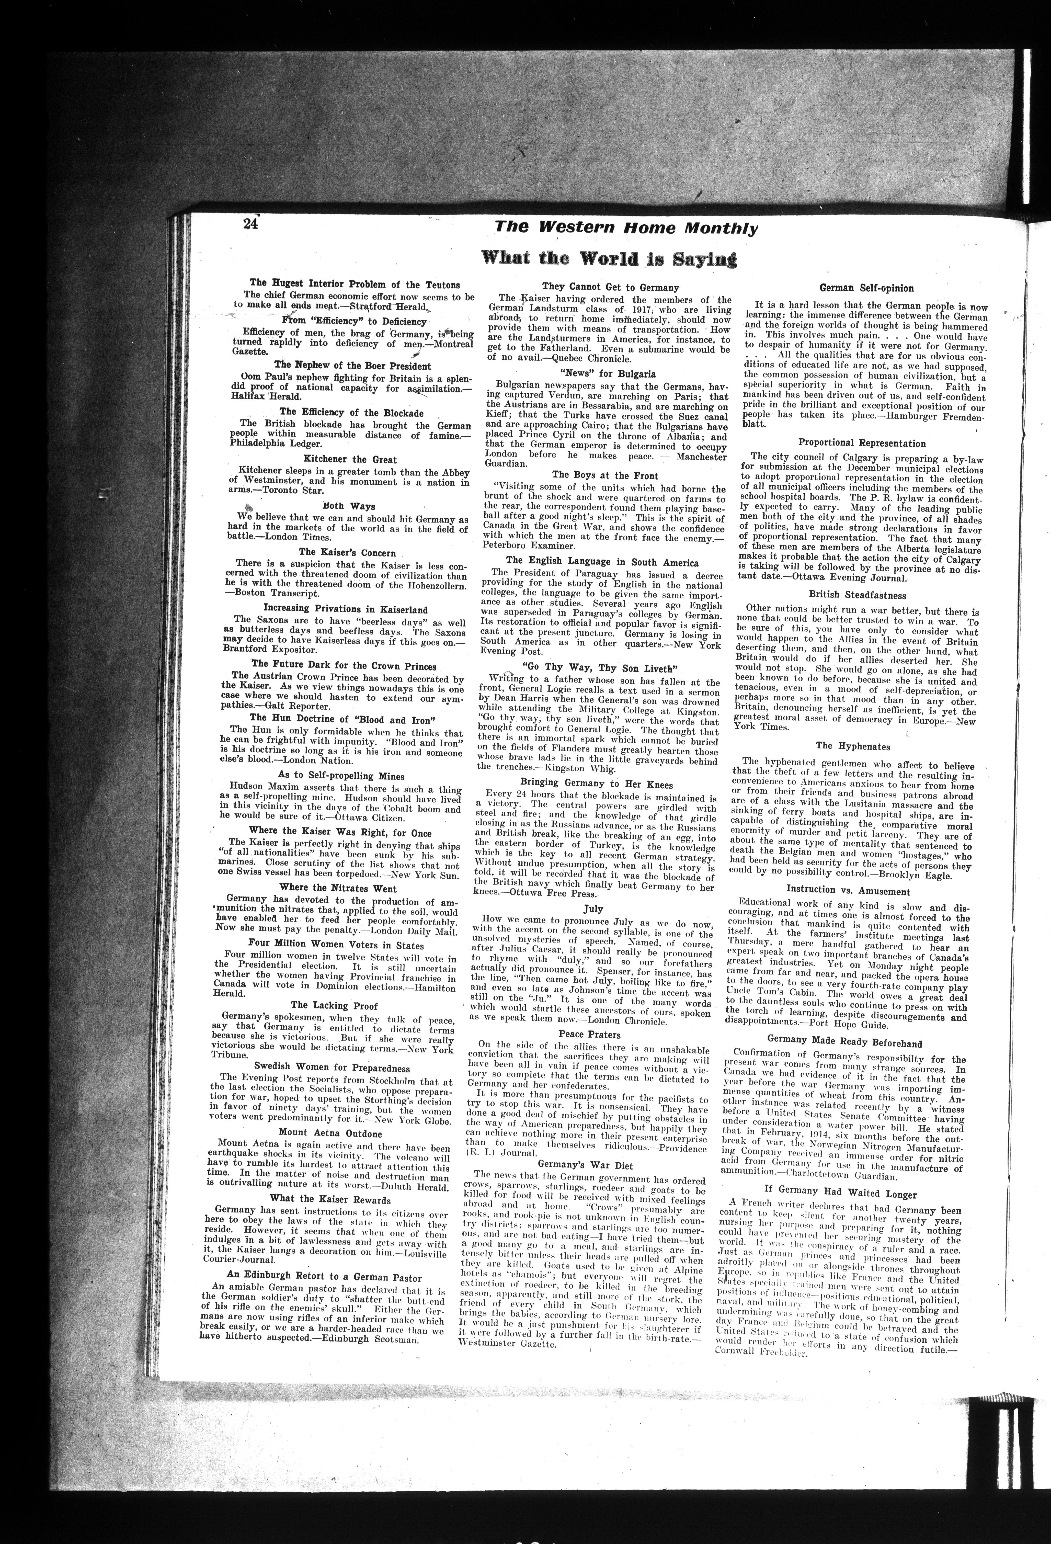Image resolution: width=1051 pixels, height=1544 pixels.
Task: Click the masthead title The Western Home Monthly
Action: tap(626, 228)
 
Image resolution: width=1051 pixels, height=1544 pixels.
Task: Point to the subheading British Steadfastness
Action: tap(857, 595)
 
